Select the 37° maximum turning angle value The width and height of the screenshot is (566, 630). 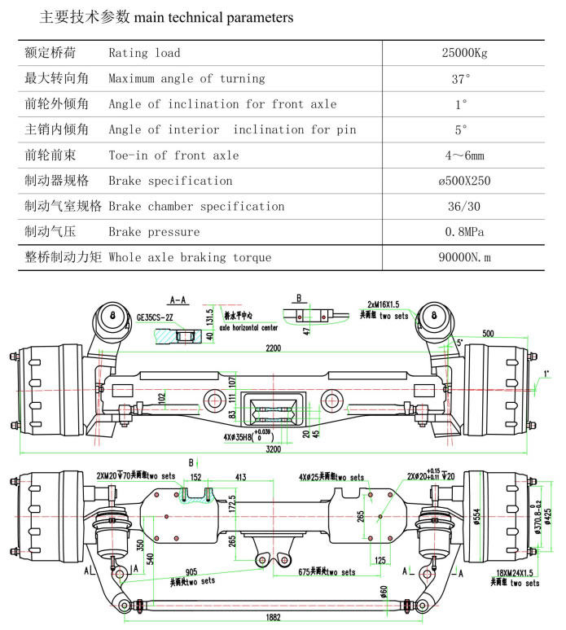462,79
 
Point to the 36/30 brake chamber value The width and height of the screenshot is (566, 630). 462,206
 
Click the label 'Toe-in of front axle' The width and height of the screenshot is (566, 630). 173,155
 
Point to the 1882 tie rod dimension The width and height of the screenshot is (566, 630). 273,618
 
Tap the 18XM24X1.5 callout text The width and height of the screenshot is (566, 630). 516,575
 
